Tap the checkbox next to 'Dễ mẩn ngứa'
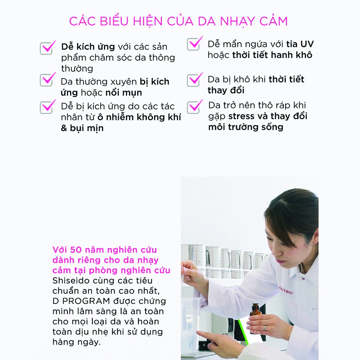[x=194, y=44]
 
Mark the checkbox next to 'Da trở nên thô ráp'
[x=194, y=107]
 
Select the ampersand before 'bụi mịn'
[x=64, y=128]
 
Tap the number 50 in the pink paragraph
[x=76, y=250]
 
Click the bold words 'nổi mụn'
[x=123, y=93]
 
